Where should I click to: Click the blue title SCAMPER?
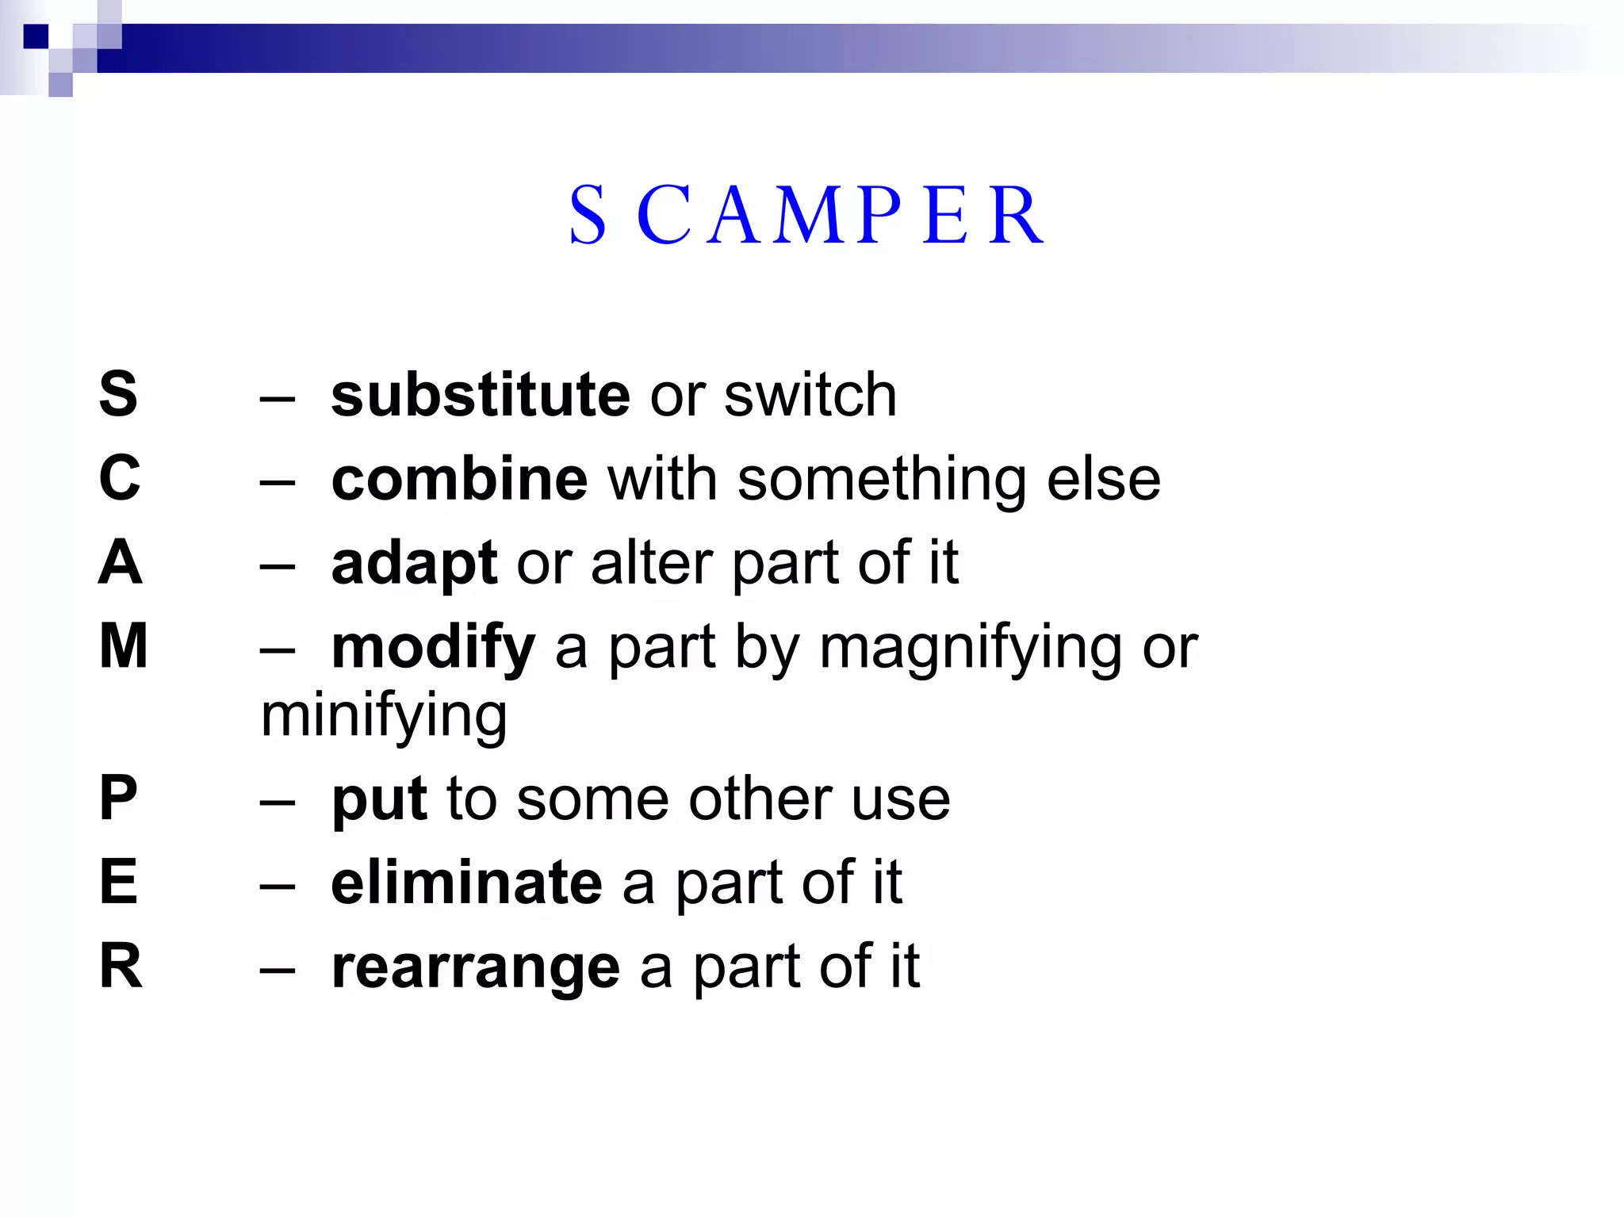(x=806, y=216)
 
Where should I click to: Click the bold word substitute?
(x=481, y=395)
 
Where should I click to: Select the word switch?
(x=810, y=395)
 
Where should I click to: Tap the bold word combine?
(x=459, y=480)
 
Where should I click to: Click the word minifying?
(x=384, y=716)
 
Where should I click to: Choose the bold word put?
(x=379, y=800)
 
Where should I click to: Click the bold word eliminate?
(x=466, y=883)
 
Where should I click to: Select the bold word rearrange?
(x=475, y=968)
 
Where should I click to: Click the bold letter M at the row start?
(x=123, y=646)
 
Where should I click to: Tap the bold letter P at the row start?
(x=118, y=798)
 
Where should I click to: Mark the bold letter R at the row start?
(x=121, y=967)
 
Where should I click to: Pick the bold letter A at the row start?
(x=120, y=562)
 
